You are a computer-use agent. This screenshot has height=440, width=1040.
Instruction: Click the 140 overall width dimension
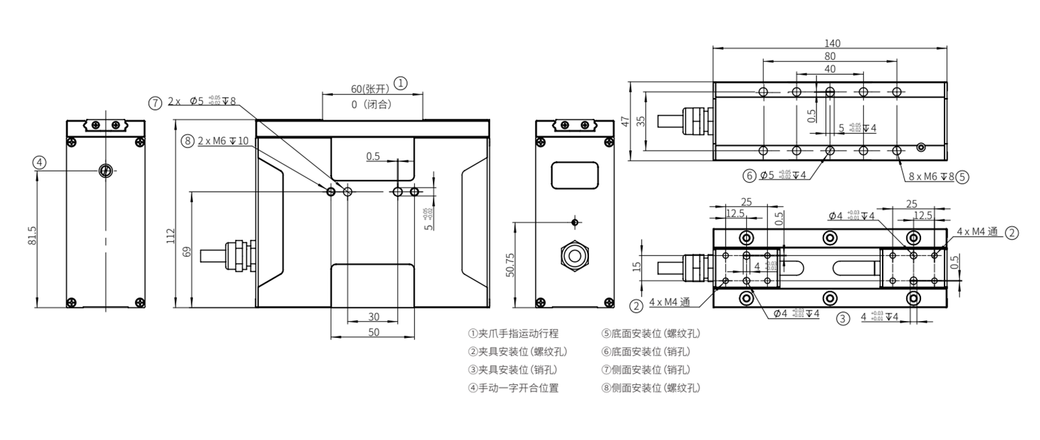(x=832, y=44)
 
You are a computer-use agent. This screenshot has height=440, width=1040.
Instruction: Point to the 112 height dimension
(x=171, y=235)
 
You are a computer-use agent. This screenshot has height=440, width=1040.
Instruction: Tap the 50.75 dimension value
(x=510, y=265)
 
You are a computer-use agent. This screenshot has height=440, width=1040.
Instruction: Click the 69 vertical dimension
(x=187, y=251)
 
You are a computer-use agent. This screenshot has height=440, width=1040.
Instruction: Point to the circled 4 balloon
(x=40, y=162)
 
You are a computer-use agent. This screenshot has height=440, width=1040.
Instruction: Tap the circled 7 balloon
(x=155, y=102)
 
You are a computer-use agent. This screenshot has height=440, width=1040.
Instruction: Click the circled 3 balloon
(x=842, y=318)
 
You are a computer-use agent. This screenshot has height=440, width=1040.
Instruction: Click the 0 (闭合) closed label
(x=371, y=104)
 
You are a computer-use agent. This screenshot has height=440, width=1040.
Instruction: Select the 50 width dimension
(x=374, y=332)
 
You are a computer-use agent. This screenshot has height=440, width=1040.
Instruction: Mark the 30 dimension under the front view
(x=374, y=317)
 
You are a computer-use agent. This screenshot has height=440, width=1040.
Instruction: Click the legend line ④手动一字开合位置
(x=513, y=388)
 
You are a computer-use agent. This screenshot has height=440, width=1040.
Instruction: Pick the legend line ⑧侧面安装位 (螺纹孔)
(x=651, y=388)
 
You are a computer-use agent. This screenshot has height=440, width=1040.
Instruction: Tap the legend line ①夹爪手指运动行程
(x=513, y=333)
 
